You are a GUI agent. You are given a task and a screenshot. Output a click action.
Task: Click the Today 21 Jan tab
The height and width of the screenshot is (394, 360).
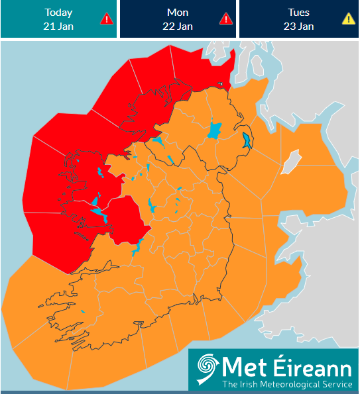58,19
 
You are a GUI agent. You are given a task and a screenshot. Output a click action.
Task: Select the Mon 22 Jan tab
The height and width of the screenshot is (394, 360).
178,19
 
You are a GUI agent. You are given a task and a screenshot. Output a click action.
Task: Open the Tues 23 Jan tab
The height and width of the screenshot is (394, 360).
298,19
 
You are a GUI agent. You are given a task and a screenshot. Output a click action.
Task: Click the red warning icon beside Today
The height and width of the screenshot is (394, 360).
106,19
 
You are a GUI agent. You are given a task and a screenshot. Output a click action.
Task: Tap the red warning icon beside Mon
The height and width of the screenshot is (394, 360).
225,19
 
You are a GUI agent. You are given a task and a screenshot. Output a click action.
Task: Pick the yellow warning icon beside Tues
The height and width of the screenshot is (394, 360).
348,19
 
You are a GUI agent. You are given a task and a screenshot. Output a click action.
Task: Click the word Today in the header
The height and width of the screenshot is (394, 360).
58,13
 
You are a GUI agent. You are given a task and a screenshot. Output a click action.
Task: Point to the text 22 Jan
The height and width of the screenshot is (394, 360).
178,26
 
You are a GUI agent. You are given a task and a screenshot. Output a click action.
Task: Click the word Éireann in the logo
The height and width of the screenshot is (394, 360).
308,366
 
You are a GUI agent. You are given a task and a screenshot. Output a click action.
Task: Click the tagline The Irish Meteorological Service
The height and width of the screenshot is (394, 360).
286,384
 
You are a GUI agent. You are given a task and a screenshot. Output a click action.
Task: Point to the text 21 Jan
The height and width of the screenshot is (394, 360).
58,26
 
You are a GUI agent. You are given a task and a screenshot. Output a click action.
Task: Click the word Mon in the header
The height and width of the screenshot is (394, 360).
178,13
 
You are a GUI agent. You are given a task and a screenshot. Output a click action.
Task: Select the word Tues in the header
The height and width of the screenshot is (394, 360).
298,13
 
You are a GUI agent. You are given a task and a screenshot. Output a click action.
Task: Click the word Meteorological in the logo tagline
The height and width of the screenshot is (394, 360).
293,384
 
